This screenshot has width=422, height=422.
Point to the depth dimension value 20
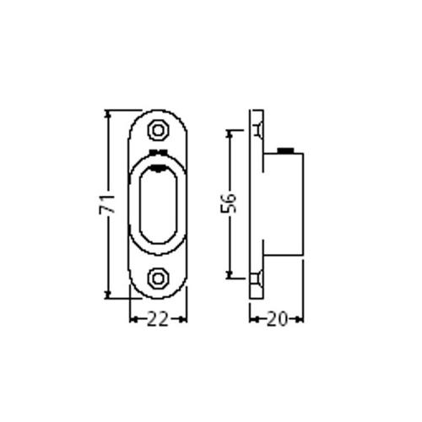[277, 318]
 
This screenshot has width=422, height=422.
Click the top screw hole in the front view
[157, 131]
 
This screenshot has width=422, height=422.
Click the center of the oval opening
[157, 204]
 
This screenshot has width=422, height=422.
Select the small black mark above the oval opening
[157, 152]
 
